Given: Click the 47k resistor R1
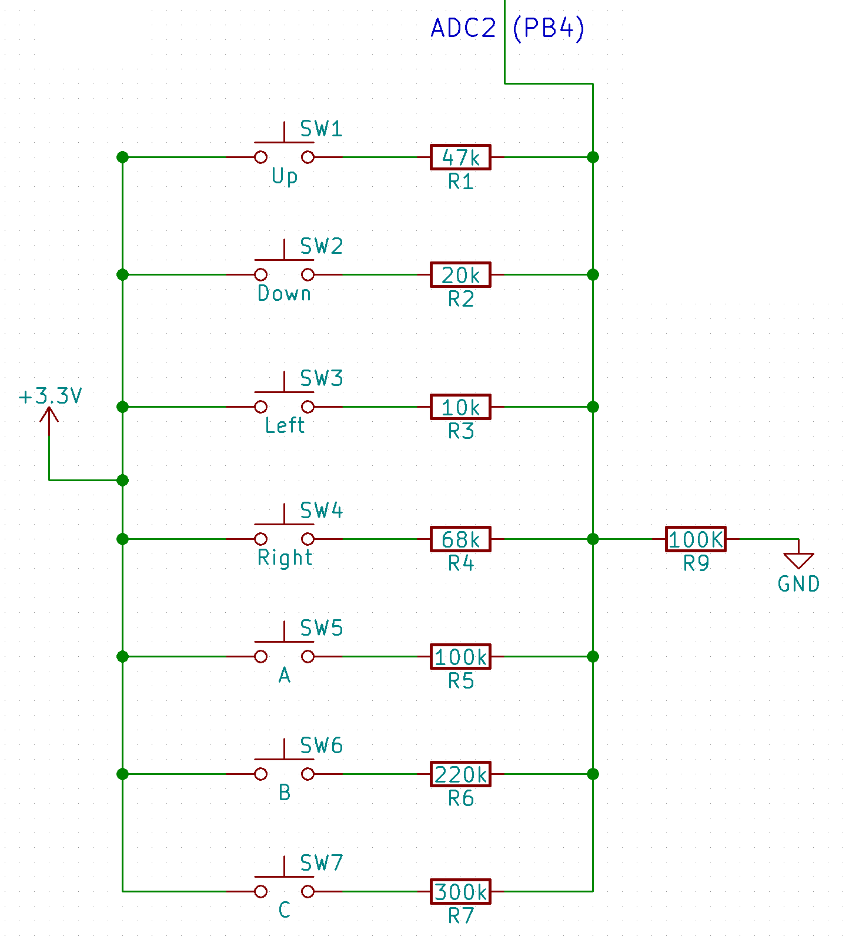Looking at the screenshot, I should click(x=460, y=157).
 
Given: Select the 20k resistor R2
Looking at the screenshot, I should click(x=460, y=274).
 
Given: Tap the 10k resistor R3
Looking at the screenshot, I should click(x=460, y=407).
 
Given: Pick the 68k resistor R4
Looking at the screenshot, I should click(x=460, y=539).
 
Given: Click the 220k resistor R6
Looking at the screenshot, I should click(x=460, y=774).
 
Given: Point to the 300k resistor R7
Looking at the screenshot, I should click(x=460, y=891).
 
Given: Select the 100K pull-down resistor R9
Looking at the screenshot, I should click(x=696, y=539).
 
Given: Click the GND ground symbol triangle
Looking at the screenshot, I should click(x=798, y=560).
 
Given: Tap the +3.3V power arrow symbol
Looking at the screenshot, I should click(x=49, y=415).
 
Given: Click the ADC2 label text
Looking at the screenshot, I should click(x=463, y=28).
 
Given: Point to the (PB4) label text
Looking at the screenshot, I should click(x=549, y=28).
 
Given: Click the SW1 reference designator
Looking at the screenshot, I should click(x=321, y=129).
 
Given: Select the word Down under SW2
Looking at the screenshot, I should click(x=285, y=293).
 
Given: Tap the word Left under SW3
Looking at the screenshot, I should click(x=285, y=425).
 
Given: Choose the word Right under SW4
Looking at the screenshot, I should click(x=285, y=558).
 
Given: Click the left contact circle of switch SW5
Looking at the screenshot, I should click(x=260, y=656).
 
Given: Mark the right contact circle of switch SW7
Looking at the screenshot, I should click(x=307, y=891).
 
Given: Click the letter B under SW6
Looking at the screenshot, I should click(x=285, y=793).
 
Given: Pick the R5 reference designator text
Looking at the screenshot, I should click(x=460, y=681).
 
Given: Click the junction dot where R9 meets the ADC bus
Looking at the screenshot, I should click(x=593, y=539).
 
